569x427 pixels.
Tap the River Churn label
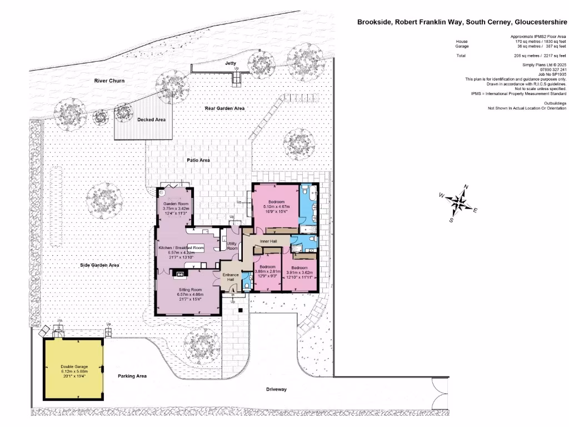[x=109, y=81]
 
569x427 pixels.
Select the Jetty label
[x=231, y=63]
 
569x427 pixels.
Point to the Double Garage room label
[x=74, y=367]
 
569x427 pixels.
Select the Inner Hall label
[x=268, y=241]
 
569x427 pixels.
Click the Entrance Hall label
[x=231, y=277]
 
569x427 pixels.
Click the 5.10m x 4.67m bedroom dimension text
[x=277, y=206]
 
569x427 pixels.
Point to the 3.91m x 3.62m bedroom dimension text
[x=300, y=272]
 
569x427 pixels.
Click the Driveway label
[x=276, y=389]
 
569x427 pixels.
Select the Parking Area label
[x=132, y=376]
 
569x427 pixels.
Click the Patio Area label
[x=198, y=160]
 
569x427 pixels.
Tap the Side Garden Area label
[x=101, y=266]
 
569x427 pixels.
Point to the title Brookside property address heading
[x=461, y=23]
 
